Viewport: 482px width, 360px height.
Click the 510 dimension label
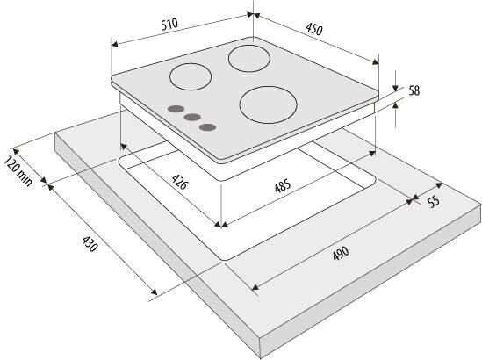(169, 24)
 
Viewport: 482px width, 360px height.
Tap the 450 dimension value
(314, 30)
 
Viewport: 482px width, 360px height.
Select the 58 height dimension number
(414, 90)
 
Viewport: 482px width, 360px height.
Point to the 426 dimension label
(179, 182)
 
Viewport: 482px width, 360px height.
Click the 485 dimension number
(283, 186)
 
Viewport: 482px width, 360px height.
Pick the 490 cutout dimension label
(341, 253)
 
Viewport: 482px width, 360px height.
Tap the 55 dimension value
(434, 202)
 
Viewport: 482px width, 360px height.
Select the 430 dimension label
(90, 243)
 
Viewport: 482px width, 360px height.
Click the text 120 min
(18, 171)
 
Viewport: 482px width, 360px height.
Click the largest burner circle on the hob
(268, 104)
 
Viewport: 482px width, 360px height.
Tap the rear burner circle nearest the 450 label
(249, 59)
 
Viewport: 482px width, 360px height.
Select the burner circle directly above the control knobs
(191, 77)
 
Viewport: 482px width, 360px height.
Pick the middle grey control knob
(193, 117)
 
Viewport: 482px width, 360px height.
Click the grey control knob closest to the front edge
(207, 127)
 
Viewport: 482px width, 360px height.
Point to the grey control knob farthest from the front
(176, 109)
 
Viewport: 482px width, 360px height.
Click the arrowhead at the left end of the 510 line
(114, 44)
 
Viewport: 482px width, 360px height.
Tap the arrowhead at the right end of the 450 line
(376, 61)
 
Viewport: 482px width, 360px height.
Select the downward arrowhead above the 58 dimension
(395, 88)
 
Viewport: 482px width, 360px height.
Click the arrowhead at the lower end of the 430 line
(154, 292)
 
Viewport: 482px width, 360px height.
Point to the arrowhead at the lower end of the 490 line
(255, 287)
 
